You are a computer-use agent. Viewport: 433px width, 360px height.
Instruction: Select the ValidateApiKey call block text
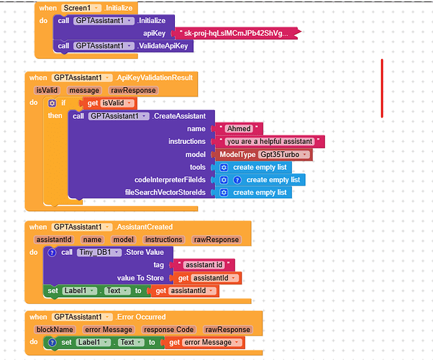(165, 46)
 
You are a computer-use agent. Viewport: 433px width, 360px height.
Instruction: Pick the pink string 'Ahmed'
(239, 129)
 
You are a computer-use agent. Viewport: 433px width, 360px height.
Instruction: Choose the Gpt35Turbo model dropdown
(285, 155)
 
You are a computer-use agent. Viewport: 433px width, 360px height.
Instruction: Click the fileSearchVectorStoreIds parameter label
(165, 192)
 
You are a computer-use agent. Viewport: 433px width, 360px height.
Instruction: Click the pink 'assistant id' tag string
(204, 265)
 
